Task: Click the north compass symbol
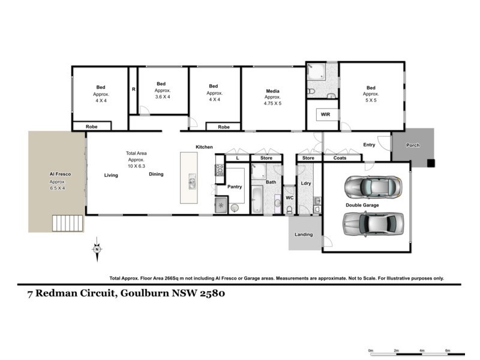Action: click(x=97, y=248)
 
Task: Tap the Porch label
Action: click(x=413, y=145)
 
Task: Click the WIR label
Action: click(x=326, y=113)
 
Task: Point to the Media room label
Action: click(x=273, y=92)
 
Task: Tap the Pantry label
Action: click(x=235, y=187)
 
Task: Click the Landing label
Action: click(x=304, y=234)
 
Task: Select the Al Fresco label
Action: click(x=60, y=174)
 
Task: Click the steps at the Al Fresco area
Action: click(x=66, y=223)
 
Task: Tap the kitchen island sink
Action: click(x=192, y=180)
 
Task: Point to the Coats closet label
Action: click(x=340, y=158)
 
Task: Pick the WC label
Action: click(x=289, y=197)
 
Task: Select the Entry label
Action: click(x=369, y=145)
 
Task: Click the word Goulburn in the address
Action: click(x=148, y=294)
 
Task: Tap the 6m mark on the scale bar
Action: click(x=447, y=350)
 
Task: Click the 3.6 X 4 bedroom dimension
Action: click(x=163, y=97)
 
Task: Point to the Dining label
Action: click(x=156, y=175)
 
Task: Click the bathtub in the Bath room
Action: click(x=256, y=199)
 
